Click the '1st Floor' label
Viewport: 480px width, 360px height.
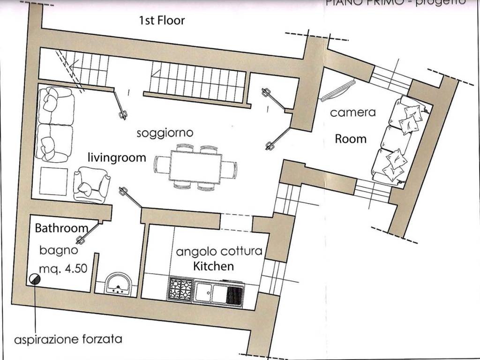(162, 21)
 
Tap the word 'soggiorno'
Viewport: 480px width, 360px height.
(165, 133)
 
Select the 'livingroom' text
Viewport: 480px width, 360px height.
(117, 157)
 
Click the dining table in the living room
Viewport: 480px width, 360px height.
(195, 167)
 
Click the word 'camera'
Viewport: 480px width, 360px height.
(353, 112)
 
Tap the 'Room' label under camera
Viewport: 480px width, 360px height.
(351, 139)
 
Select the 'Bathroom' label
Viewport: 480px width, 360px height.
(61, 228)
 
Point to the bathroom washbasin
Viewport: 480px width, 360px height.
(117, 284)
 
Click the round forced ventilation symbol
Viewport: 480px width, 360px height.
(34, 279)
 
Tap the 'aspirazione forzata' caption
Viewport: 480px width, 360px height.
(68, 339)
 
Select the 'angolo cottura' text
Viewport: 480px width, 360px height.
(219, 252)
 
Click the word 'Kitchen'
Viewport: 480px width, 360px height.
(214, 267)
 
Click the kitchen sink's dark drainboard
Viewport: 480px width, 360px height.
(235, 294)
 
